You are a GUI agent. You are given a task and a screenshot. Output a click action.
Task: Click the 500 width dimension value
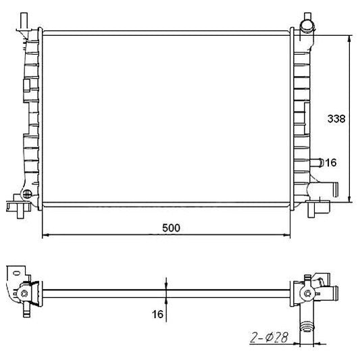point(171,228)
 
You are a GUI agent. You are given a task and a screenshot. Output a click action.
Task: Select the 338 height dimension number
point(336,119)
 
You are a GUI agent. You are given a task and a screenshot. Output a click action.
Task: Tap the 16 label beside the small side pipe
point(331,163)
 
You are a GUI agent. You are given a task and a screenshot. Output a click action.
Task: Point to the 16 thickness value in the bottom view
point(157,314)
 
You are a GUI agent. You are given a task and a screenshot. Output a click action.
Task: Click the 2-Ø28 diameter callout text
point(269,338)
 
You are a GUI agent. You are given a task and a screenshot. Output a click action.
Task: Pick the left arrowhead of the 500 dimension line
point(45,235)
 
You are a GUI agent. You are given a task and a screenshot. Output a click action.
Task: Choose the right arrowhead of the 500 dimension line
point(287,235)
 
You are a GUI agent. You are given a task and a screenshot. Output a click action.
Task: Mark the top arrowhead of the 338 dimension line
point(349,38)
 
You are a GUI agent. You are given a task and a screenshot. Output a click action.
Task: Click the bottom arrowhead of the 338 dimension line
point(349,199)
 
